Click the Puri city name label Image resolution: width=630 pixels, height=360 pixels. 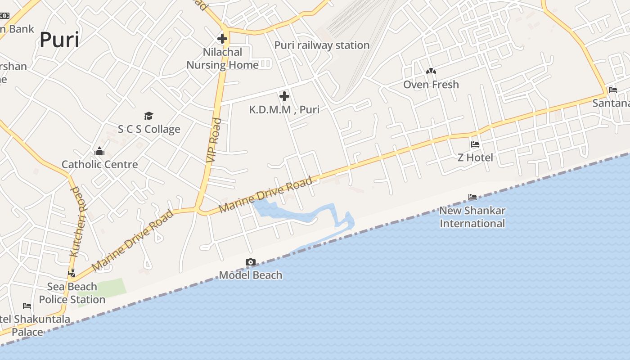coord(59,40)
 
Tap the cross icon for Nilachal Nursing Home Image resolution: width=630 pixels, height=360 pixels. coord(222,38)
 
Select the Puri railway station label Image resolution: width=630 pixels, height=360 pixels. coord(322,45)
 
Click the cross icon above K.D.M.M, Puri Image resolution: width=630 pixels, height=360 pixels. coord(284,96)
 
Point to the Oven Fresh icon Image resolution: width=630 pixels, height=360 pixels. coord(431,71)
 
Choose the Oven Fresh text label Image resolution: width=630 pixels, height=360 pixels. coord(431,85)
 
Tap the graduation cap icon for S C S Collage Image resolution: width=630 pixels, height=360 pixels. coord(149,116)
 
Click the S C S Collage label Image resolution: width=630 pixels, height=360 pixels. coord(149,129)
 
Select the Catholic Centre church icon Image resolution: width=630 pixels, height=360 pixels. coord(99,151)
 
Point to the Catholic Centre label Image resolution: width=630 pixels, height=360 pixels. coord(99,164)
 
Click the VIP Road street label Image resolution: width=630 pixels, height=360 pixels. coord(214,140)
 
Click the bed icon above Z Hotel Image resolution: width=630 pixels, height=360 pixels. coord(475,144)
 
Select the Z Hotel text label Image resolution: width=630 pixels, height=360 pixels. coord(475,157)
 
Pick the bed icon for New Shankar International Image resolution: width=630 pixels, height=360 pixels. coord(472,197)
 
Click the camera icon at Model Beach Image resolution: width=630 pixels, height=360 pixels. coord(251,262)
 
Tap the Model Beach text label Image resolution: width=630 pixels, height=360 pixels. coord(251,275)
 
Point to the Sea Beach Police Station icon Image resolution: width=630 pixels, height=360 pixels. coord(72,273)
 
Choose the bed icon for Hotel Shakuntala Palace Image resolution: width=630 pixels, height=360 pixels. coord(27,306)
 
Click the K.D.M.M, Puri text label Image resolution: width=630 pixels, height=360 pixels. coord(284,109)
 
